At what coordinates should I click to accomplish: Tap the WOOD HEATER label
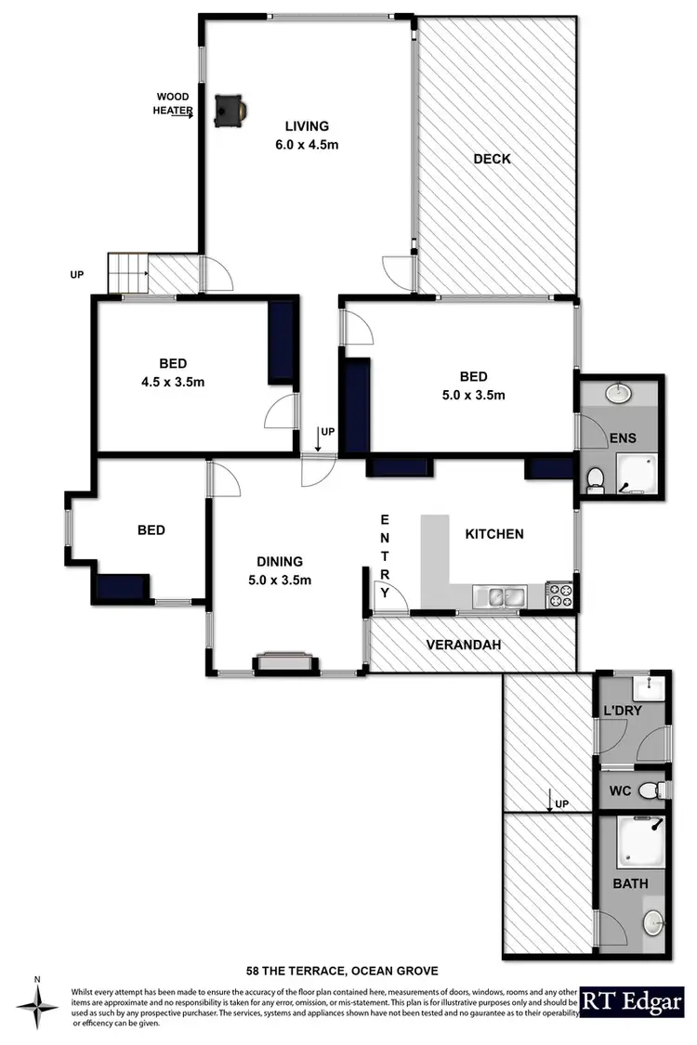point(173,104)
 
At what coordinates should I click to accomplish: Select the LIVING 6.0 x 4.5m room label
point(307,135)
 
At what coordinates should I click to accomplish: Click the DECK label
point(492,159)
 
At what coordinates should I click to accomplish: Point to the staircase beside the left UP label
point(127,272)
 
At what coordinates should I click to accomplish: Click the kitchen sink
point(499,596)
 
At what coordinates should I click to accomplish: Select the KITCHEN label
point(494,534)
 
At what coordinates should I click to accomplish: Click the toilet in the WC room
point(660,790)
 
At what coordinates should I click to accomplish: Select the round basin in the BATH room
point(655,923)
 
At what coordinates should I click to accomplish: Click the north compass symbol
point(37,1006)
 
